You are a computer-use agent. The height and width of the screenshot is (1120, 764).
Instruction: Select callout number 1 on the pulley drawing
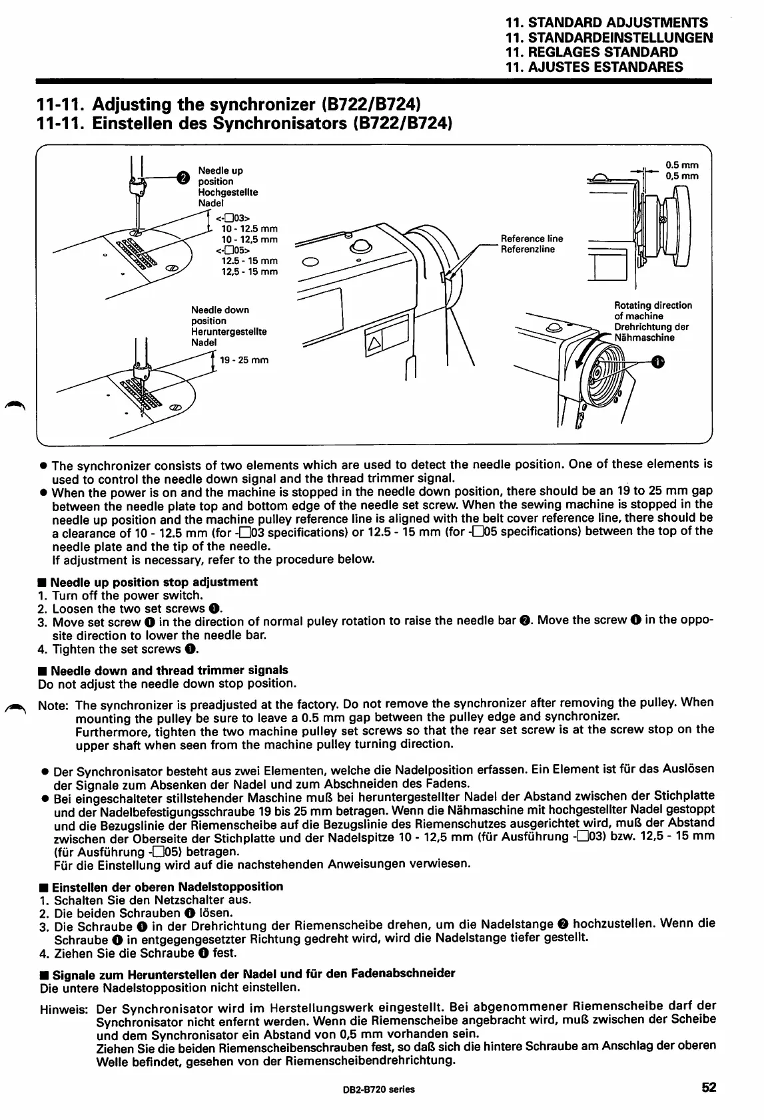pos(659,361)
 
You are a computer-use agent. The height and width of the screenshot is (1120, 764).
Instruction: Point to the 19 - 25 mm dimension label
pos(244,361)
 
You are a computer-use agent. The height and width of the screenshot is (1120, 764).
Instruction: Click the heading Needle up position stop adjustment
pos(154,582)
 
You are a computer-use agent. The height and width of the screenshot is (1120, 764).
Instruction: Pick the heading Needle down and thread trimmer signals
pos(169,670)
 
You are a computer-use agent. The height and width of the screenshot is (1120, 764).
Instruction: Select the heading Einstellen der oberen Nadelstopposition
pos(167,886)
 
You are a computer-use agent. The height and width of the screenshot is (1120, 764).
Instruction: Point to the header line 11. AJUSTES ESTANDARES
pos(594,67)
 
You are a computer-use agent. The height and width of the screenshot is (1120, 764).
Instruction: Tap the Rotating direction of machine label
pos(652,311)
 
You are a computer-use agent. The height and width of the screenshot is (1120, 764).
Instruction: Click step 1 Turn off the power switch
pos(127,596)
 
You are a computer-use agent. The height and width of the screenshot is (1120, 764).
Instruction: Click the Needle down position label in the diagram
pos(220,315)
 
